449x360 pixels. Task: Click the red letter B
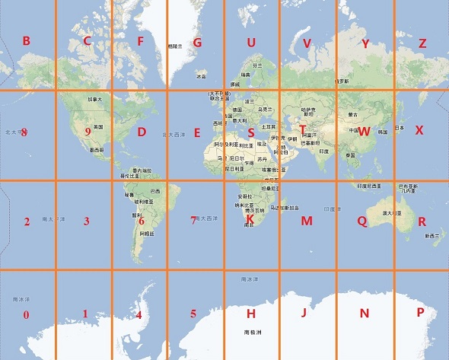[26, 41]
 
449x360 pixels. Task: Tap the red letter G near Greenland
[197, 43]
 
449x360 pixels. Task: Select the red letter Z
[422, 43]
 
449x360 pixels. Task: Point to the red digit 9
[88, 132]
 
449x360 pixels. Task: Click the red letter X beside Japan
[419, 130]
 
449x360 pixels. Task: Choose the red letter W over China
[364, 131]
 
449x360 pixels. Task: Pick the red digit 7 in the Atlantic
[193, 220]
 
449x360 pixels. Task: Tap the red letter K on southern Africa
[250, 219]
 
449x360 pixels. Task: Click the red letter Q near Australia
[361, 221]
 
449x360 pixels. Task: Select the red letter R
[422, 221]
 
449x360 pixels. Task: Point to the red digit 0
[26, 314]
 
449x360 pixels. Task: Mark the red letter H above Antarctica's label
[250, 314]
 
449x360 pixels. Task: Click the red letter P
[421, 313]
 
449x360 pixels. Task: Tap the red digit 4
[139, 314]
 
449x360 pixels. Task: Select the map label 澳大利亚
[391, 213]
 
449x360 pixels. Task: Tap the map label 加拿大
[94, 99]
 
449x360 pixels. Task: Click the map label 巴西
[156, 190]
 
